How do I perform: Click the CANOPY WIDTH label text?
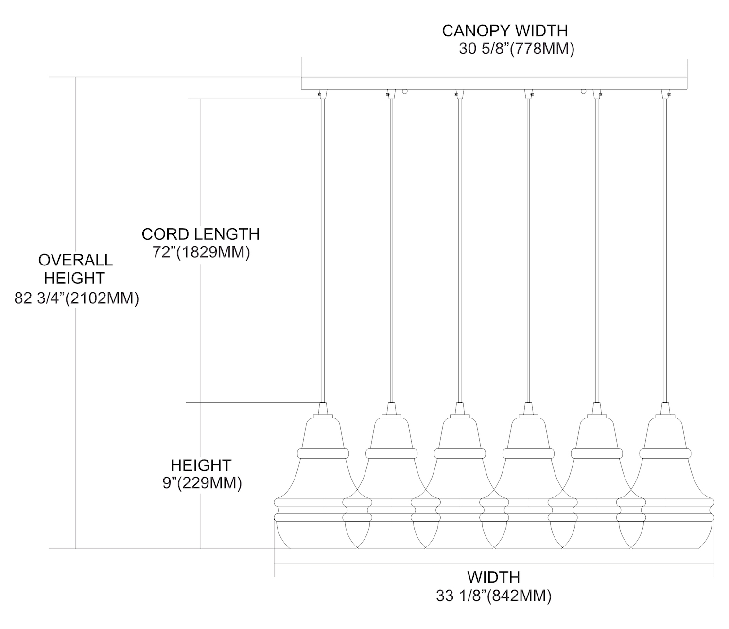[504, 31]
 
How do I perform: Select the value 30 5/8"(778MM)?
[517, 49]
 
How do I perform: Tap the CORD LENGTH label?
[200, 234]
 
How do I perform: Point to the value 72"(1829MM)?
[201, 253]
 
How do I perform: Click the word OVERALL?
[75, 260]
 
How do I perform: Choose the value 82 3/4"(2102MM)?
[77, 298]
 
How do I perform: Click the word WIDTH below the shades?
[493, 577]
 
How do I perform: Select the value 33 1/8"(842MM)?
[493, 596]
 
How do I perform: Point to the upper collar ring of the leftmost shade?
[322, 453]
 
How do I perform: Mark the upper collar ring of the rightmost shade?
[665, 453]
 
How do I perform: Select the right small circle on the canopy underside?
[583, 91]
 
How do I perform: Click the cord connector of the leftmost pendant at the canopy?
[321, 94]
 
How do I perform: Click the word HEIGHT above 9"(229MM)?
[201, 465]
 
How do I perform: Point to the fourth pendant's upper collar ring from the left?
[528, 453]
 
